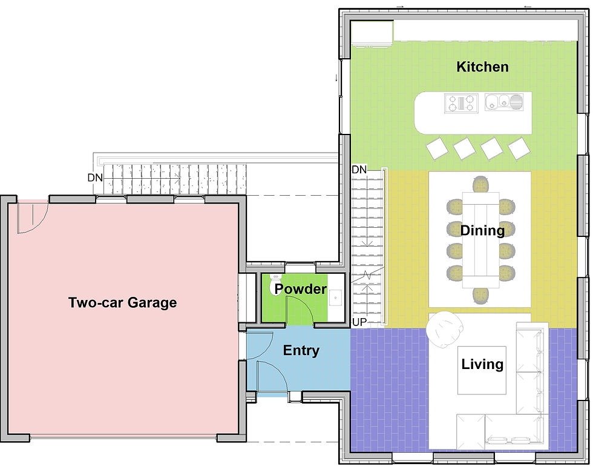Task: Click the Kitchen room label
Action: point(482,67)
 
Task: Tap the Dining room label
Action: point(482,230)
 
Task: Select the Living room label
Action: point(482,364)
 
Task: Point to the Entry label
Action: point(301,350)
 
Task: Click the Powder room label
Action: point(300,288)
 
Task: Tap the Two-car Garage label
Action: point(122,302)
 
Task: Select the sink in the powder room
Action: point(335,298)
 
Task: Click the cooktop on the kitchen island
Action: point(461,103)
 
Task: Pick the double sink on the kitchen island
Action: point(503,102)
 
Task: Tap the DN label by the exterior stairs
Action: point(95,178)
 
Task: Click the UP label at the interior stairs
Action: point(359,322)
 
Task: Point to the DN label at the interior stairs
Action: point(359,169)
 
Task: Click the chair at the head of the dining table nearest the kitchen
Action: point(480,184)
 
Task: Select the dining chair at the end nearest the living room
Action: point(480,296)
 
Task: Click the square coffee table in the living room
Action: point(482,370)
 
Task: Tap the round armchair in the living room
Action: point(444,329)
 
